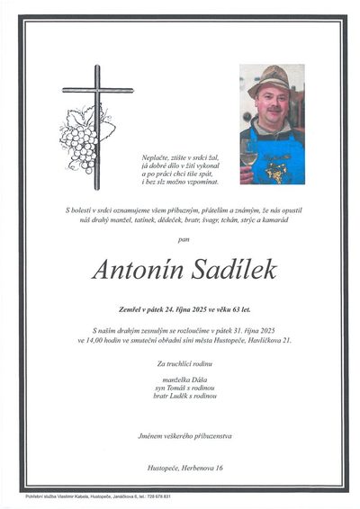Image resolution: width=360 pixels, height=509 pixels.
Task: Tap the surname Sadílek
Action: click(x=230, y=269)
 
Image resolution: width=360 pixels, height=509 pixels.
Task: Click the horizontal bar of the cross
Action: click(x=96, y=91)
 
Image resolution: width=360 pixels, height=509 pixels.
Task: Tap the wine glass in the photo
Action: click(x=248, y=157)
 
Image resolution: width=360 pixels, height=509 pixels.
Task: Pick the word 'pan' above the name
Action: click(x=184, y=238)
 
